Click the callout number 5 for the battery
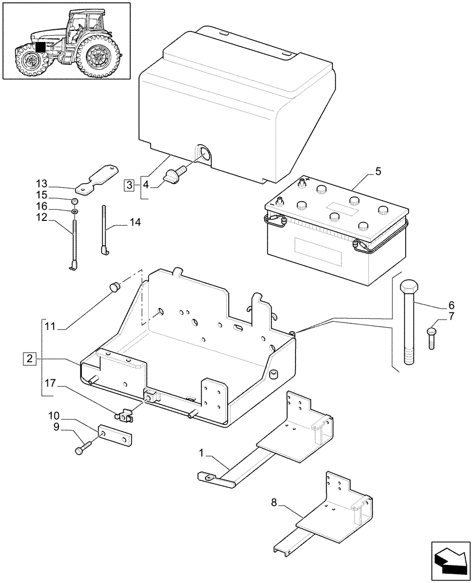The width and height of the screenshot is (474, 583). [378, 171]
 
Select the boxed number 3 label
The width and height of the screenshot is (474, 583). [130, 185]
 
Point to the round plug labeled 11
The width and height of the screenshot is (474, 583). [115, 286]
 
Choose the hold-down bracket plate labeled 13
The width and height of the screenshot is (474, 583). [96, 178]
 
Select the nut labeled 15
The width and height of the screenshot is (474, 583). [75, 202]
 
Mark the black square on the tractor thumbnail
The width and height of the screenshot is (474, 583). [40, 48]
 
